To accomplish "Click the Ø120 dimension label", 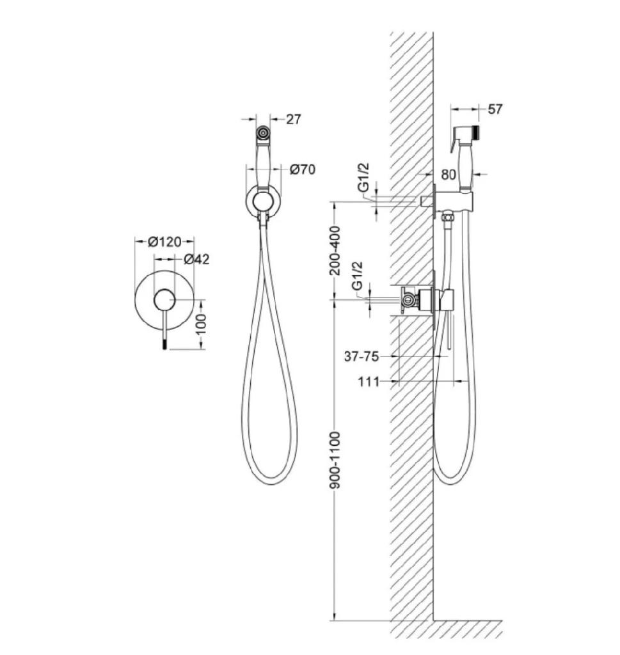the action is (164, 242).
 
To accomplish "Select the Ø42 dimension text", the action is (196, 260).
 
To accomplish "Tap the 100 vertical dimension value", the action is (201, 324).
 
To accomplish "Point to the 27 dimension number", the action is (293, 120).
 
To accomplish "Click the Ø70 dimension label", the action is (303, 170).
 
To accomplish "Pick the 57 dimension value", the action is (495, 109).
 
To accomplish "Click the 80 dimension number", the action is (449, 175).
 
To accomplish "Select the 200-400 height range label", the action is (335, 251).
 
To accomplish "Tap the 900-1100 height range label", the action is (335, 461).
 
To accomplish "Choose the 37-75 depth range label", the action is (362, 356).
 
